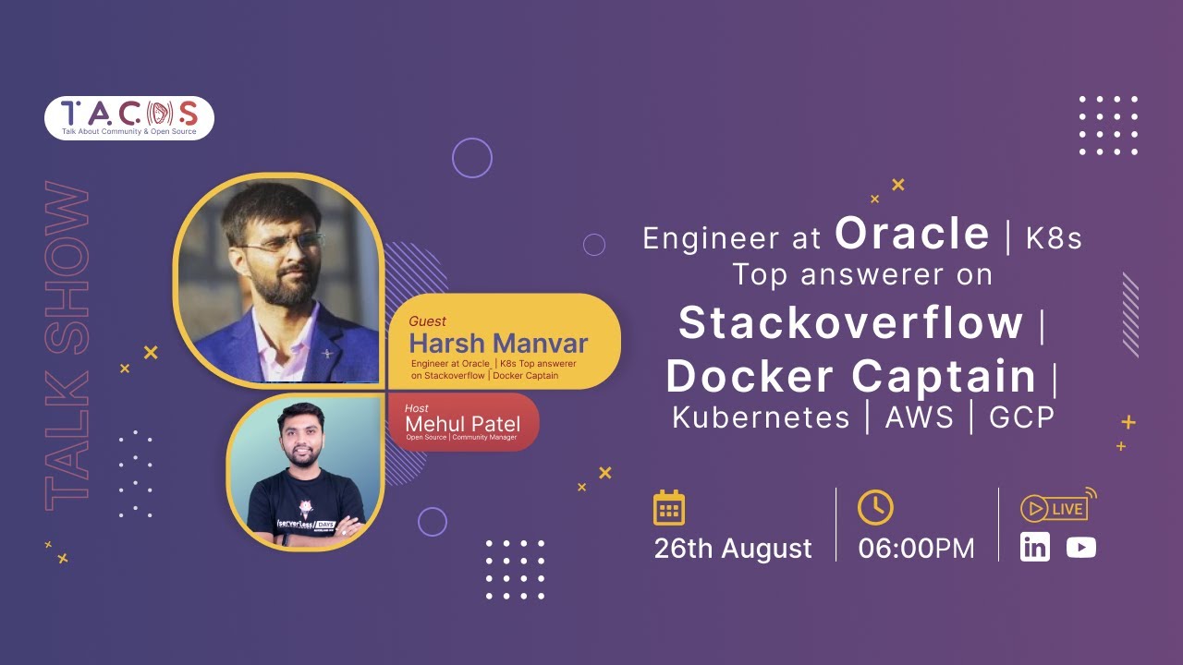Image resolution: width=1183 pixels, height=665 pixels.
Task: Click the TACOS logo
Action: (x=129, y=117)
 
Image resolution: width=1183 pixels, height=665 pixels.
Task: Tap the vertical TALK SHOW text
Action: (x=67, y=346)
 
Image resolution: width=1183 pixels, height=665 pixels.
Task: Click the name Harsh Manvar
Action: (x=498, y=344)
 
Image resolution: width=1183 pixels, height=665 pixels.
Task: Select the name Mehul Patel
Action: (x=462, y=423)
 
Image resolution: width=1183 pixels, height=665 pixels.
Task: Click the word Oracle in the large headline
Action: (x=912, y=235)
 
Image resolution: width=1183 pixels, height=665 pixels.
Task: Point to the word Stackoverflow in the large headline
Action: (x=850, y=323)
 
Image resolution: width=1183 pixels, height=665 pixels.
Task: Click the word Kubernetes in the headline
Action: (x=761, y=417)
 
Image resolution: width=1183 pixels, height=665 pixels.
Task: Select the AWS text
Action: (x=919, y=417)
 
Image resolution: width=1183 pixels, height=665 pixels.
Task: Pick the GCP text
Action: (x=1021, y=417)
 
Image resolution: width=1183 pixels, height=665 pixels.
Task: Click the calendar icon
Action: (x=669, y=508)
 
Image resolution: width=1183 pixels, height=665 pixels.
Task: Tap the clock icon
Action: (x=875, y=507)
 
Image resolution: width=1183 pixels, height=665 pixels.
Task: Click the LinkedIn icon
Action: (x=1035, y=547)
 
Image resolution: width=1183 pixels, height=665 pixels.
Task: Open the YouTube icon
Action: (x=1080, y=548)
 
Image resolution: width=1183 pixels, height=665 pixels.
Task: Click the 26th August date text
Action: (x=733, y=549)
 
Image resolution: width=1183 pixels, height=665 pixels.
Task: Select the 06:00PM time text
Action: (x=916, y=549)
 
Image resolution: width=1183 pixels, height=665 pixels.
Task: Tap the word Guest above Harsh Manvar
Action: (x=427, y=321)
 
